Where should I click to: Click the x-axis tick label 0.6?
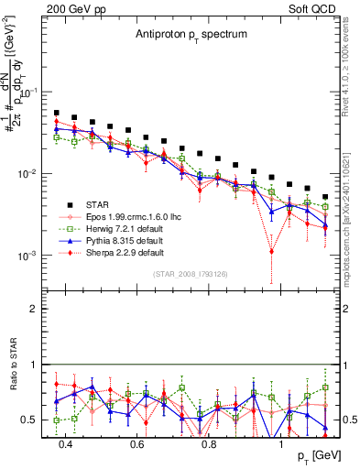tap(137, 443)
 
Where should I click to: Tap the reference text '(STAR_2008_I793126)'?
tap(191, 274)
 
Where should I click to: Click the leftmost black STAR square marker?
tap(57, 113)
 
